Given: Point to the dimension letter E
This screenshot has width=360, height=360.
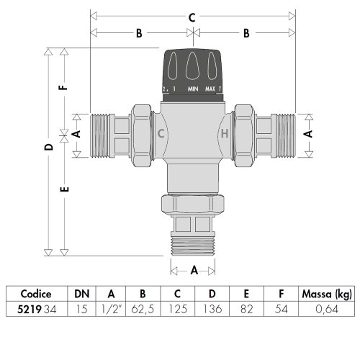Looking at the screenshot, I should click(x=65, y=191).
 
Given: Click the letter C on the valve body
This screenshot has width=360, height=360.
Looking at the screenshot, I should click(x=161, y=134).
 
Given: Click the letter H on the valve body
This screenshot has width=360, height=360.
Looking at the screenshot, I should click(x=224, y=134).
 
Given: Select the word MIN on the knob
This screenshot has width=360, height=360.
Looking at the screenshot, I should click(x=193, y=89).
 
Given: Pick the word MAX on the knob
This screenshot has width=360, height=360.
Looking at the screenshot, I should click(x=211, y=89).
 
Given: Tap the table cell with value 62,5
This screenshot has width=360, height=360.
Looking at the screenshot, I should click(x=143, y=310).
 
